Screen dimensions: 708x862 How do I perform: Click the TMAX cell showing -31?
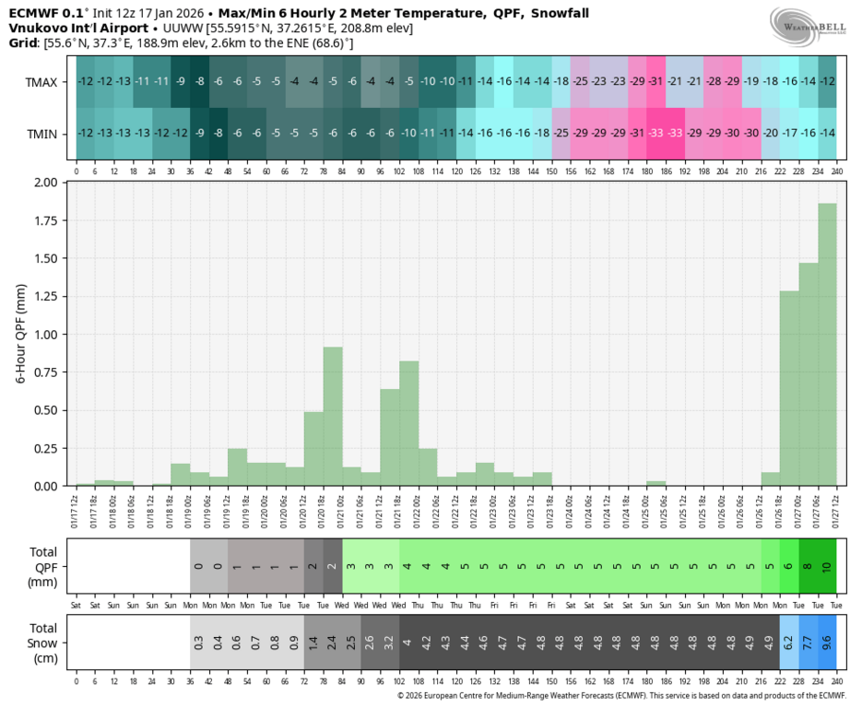(x=655, y=82)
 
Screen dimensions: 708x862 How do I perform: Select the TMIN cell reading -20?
(x=771, y=134)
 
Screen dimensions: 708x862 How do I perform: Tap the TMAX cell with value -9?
(x=180, y=82)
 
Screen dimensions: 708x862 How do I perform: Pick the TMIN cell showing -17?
(x=789, y=134)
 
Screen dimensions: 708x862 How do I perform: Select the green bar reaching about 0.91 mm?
(x=333, y=416)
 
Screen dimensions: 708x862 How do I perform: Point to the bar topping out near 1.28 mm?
(x=789, y=388)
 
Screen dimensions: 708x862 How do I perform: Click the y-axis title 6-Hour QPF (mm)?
(x=21, y=334)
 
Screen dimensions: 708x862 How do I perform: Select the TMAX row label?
(x=41, y=82)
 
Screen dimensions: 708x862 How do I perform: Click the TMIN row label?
(x=41, y=134)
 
